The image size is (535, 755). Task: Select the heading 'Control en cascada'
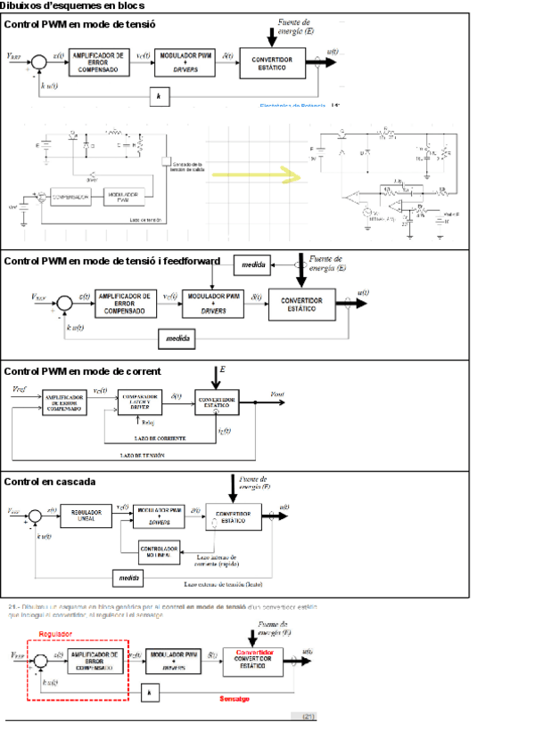coord(50,482)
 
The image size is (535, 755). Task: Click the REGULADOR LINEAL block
coord(86,515)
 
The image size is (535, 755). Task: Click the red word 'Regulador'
coord(54,633)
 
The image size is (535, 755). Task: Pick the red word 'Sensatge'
coord(234,699)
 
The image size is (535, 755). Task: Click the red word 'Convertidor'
coord(254,652)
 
